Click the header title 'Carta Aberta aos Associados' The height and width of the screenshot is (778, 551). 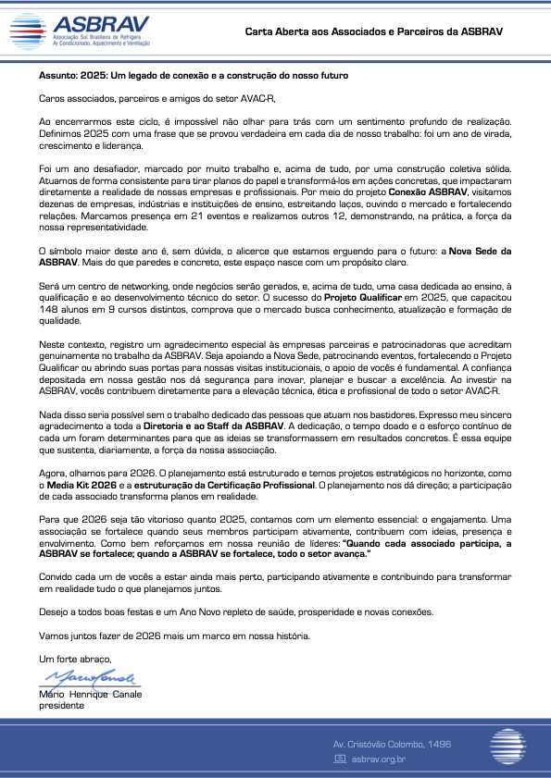click(x=373, y=31)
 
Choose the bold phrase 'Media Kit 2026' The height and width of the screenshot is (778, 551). click(x=81, y=485)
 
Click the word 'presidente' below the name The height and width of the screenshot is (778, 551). click(x=61, y=705)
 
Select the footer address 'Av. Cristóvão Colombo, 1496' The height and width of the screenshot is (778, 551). click(x=405, y=745)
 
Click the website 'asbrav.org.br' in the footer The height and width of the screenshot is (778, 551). click(x=378, y=759)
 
